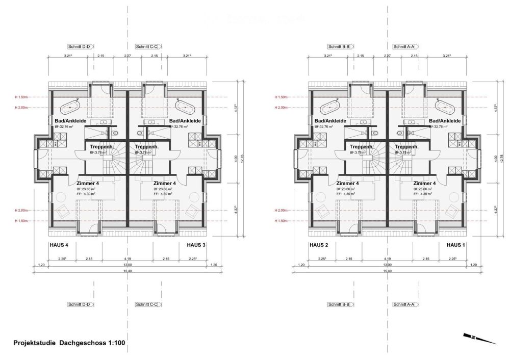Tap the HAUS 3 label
pyautogui.click(x=196, y=245)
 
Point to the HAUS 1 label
pyautogui.click(x=456, y=245)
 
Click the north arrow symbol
pyautogui.click(x=479, y=339)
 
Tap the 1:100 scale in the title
pyautogui.click(x=116, y=343)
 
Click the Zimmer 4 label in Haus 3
pyautogui.click(x=165, y=183)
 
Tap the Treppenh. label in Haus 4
pyautogui.click(x=101, y=147)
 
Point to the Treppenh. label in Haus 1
pyautogui.click(x=406, y=147)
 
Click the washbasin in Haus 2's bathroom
pyautogui.click(x=364, y=122)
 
